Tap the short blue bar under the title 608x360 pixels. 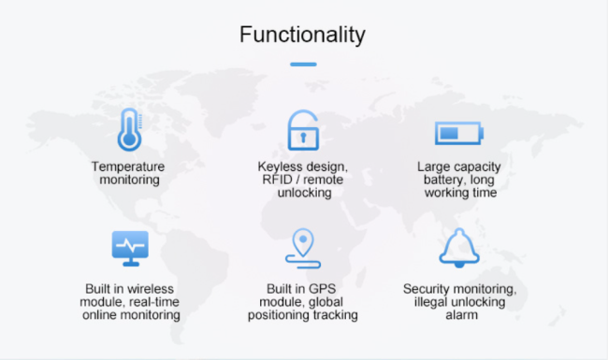[303, 65]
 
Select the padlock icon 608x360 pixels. [302, 130]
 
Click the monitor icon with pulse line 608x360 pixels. [128, 247]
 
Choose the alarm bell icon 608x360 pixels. [459, 246]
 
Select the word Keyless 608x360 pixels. [278, 166]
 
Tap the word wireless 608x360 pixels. [151, 289]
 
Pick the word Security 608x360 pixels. [427, 289]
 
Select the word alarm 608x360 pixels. [459, 315]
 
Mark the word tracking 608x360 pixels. [334, 315]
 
